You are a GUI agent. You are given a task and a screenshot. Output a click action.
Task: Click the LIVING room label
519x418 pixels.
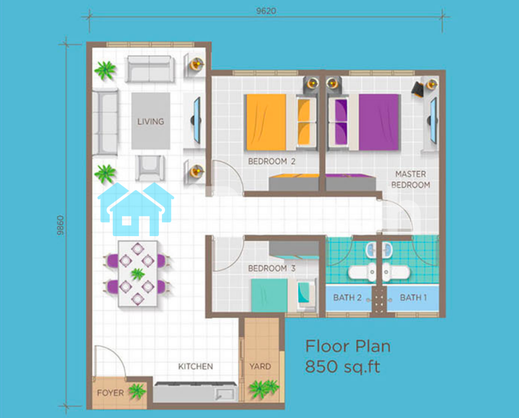151,121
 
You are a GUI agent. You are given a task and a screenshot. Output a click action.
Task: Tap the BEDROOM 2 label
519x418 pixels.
272,161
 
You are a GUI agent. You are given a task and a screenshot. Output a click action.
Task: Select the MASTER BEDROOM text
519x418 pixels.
410,179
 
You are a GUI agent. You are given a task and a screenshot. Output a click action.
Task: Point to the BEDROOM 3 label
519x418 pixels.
272,268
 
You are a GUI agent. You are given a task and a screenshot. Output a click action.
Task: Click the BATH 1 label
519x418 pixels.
413,298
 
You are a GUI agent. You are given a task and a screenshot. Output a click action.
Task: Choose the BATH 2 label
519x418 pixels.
347,298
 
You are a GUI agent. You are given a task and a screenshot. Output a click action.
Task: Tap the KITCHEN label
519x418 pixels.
195,367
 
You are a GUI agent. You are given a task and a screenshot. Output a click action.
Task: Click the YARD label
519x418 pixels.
260,367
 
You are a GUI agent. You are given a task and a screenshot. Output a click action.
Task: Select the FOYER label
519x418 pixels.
110,393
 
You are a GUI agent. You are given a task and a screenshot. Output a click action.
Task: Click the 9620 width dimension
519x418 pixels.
266,11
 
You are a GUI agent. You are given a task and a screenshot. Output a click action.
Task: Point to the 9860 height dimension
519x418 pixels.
60,225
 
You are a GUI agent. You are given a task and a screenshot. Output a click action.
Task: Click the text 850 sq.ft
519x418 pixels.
342,367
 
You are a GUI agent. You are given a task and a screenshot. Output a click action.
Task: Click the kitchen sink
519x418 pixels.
225,394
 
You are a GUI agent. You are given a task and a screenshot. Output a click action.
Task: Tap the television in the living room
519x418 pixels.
197,120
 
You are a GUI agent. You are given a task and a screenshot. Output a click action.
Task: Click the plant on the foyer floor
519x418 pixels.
137,391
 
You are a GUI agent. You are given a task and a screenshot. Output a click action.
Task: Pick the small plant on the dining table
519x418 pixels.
137,274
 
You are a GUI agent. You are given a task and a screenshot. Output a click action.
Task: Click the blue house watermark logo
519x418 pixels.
136,209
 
